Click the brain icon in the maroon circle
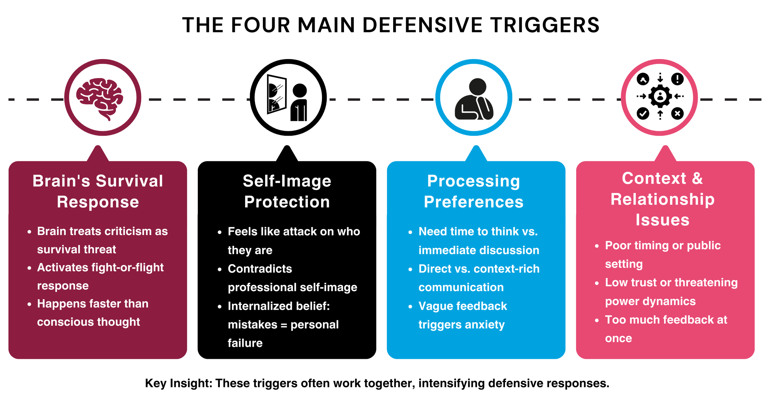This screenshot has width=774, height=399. click(x=100, y=98)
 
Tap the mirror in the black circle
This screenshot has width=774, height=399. click(x=276, y=94)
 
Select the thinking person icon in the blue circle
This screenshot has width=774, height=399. click(x=474, y=99)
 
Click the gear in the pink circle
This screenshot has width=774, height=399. click(x=660, y=96)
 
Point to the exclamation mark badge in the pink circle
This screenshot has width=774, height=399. click(x=677, y=79)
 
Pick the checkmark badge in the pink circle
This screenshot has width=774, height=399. click(x=643, y=113)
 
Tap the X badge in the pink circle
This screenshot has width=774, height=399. click(x=677, y=113)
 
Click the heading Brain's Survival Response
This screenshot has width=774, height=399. click(x=98, y=191)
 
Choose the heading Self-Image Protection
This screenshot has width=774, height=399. click(x=287, y=191)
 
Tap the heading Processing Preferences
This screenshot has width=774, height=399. click(x=474, y=191)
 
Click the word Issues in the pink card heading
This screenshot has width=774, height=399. click(x=663, y=220)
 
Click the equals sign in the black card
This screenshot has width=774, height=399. click(x=284, y=325)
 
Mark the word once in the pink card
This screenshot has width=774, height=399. click(x=618, y=338)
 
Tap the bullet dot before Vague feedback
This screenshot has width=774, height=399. click(x=410, y=307)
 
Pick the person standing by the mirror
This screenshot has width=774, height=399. click(x=299, y=102)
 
